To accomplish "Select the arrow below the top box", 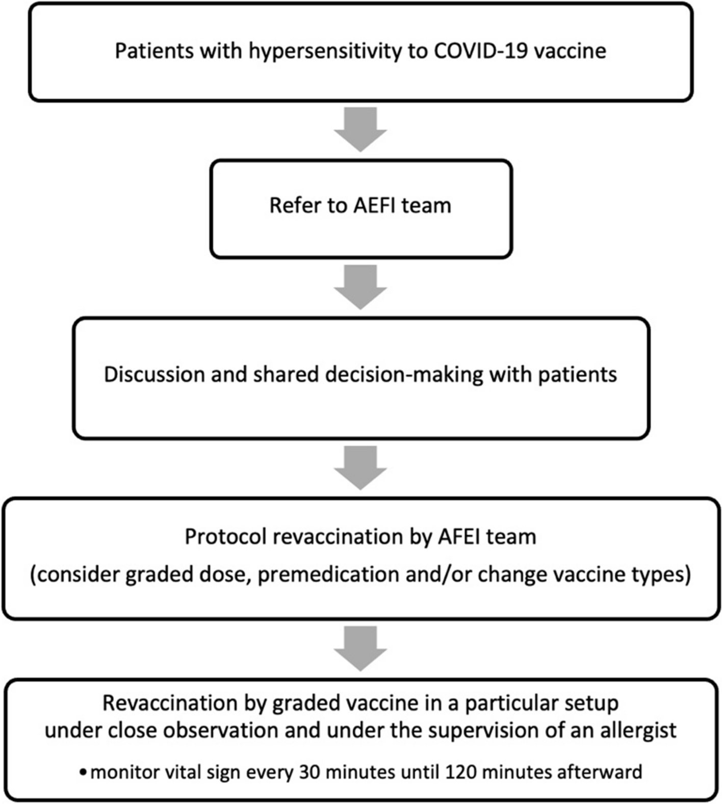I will point(360,130).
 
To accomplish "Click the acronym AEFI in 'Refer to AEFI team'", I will point(374,206).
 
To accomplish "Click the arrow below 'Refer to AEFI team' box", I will point(360,287).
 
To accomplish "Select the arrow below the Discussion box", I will point(360,468).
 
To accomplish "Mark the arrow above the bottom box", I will point(360,649).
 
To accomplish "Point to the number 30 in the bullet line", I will point(309,772).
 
